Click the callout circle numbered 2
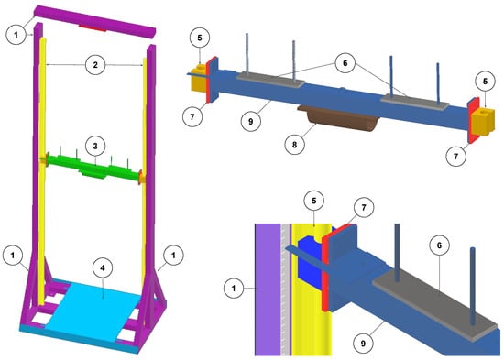(95, 65)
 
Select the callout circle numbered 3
(95, 146)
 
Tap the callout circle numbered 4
(103, 268)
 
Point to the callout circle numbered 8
(295, 145)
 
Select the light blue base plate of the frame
(93, 309)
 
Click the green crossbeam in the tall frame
(93, 167)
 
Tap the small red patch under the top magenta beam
(93, 28)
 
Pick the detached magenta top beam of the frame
(95, 22)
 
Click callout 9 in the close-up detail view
(363, 344)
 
